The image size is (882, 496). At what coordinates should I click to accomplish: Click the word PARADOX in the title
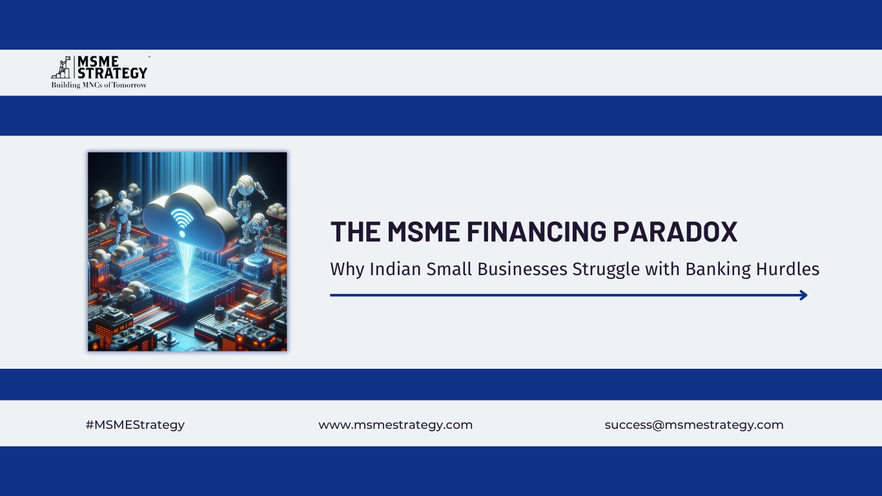point(675,232)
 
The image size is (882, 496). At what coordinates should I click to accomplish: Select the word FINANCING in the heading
point(536,232)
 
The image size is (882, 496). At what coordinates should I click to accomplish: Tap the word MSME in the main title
point(424,232)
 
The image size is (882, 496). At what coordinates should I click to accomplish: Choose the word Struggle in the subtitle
point(606,270)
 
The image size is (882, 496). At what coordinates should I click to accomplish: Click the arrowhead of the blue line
point(804,295)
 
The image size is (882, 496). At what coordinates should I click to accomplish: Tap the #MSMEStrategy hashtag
point(135,425)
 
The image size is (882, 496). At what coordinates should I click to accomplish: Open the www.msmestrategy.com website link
point(395,425)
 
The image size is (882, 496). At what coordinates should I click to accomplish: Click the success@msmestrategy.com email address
point(694,425)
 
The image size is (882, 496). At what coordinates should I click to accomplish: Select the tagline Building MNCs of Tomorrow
point(99,85)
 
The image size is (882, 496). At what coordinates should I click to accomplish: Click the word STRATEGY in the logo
point(112,73)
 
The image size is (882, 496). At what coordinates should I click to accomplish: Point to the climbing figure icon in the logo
point(61,67)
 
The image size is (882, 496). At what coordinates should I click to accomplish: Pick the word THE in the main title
point(356,232)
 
